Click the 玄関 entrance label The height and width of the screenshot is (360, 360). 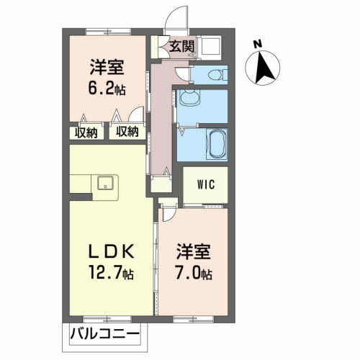(181, 48)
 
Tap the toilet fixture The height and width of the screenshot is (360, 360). (214, 74)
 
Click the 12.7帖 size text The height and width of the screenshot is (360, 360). (111, 274)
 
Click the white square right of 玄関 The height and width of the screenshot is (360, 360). (210, 48)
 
